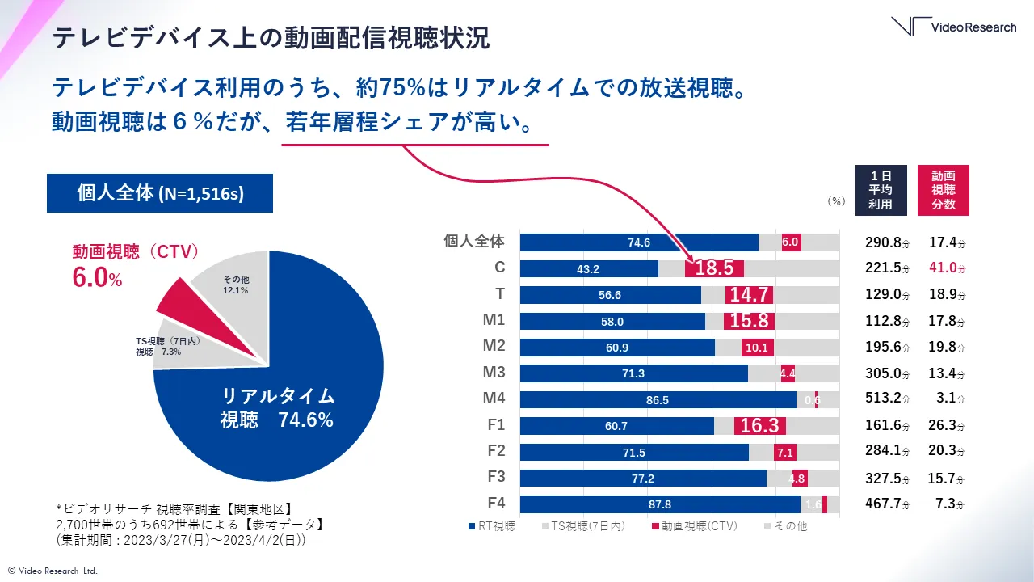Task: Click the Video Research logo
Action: click(953, 27)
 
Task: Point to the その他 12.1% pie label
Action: click(236, 284)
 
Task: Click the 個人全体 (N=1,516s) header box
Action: click(159, 194)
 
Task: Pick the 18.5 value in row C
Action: click(714, 268)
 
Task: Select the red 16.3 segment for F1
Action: click(759, 426)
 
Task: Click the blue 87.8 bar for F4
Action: click(660, 504)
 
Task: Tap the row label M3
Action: click(494, 372)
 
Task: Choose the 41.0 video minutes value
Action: click(946, 268)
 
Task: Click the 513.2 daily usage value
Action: click(884, 399)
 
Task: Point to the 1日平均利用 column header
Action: click(881, 190)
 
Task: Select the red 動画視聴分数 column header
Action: click(944, 190)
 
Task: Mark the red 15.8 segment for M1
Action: click(749, 321)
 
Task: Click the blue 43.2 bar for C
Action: click(589, 268)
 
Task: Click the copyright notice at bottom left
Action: click(53, 571)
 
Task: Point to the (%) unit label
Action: click(835, 202)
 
